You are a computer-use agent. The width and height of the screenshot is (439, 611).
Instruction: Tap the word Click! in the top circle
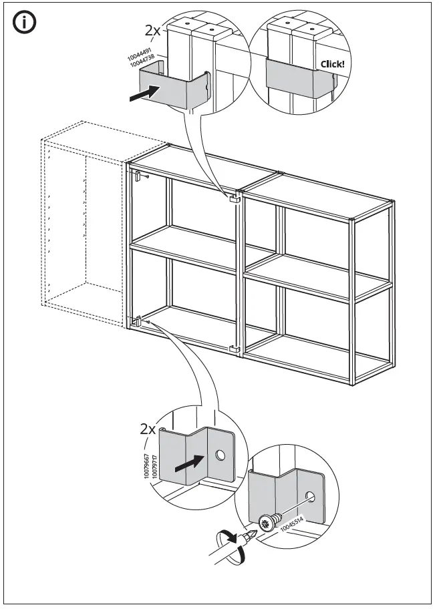coord(333,64)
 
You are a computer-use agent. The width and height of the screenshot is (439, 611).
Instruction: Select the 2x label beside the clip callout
coord(153,30)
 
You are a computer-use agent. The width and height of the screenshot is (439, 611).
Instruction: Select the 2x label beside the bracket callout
coord(148,429)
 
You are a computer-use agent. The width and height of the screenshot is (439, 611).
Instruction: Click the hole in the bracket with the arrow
coord(220,457)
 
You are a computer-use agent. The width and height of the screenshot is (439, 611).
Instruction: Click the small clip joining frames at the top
coord(234,198)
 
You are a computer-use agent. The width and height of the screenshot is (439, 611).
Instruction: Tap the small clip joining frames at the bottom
coord(234,349)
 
